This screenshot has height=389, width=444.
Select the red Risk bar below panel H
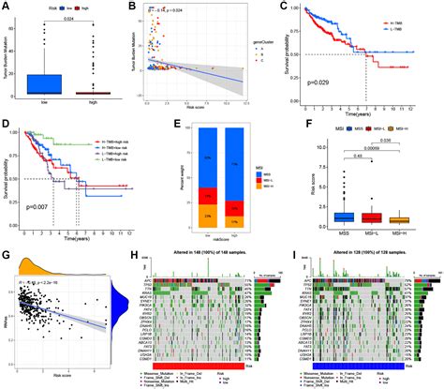tap(206, 367)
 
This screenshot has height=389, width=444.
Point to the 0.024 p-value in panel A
tap(68, 27)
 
